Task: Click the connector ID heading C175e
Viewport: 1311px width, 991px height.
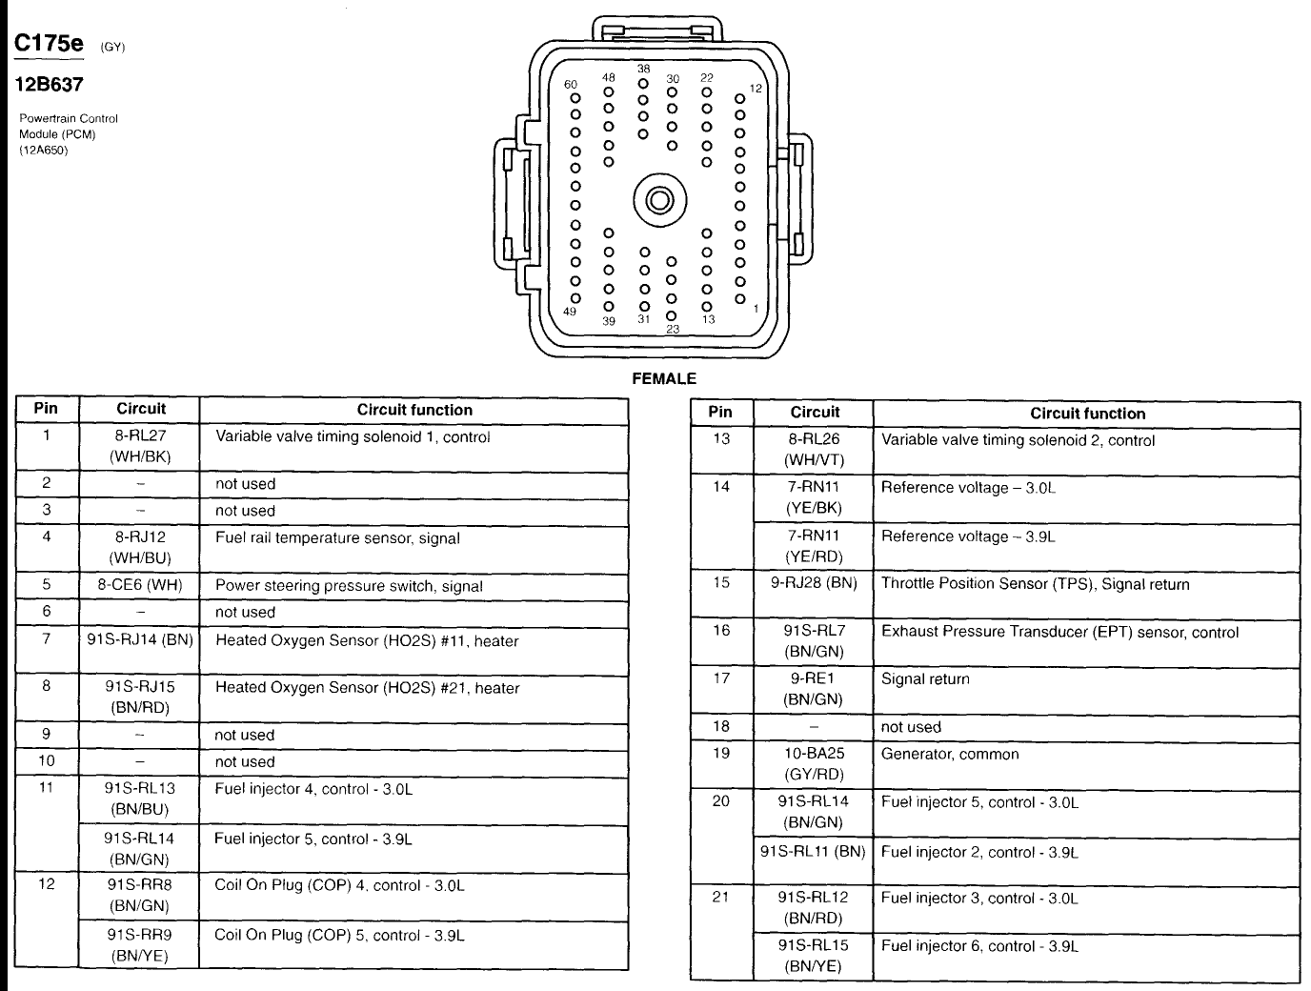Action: tap(48, 44)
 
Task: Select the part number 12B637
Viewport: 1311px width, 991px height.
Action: tap(48, 85)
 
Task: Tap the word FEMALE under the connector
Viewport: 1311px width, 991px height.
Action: tap(664, 378)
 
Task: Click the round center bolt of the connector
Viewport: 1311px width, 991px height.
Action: tap(658, 200)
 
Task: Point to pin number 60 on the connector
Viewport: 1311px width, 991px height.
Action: tap(572, 85)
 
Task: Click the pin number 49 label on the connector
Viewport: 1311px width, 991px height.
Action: tap(570, 312)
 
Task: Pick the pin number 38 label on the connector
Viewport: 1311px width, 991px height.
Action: tap(644, 70)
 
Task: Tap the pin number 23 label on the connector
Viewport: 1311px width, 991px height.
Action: tap(673, 329)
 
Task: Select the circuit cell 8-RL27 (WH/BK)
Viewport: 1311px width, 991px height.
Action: tap(140, 446)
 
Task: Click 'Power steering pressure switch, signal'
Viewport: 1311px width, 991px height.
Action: tap(349, 586)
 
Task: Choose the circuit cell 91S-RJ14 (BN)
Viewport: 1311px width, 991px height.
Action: tap(140, 640)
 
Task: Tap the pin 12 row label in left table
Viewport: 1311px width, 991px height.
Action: tap(46, 884)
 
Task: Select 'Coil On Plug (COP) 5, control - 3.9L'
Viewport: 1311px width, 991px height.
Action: tap(339, 935)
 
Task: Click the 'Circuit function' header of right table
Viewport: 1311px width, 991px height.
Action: tap(1087, 414)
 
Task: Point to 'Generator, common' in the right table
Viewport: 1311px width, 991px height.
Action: tap(949, 754)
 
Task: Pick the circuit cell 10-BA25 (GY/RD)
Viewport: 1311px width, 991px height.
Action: tap(813, 763)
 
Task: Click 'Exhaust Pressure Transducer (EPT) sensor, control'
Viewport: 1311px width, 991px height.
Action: tap(1059, 632)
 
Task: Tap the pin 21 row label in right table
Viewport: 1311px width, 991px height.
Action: tap(720, 897)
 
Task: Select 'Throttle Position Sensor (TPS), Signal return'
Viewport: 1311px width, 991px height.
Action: tap(1035, 584)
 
